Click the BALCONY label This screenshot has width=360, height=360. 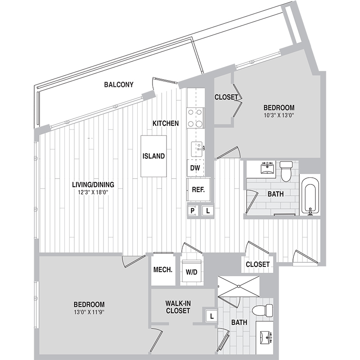[119, 85]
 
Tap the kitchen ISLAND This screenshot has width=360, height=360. [153, 156]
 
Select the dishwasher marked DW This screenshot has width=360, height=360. [195, 168]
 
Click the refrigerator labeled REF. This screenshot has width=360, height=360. [198, 189]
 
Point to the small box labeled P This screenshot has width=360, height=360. [192, 211]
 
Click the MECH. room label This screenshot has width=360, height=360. [163, 270]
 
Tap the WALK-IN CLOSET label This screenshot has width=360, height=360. [178, 307]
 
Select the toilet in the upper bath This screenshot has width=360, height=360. [286, 171]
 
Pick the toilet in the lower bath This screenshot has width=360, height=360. [263, 310]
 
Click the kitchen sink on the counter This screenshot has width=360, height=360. [197, 149]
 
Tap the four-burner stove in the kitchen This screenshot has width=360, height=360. [195, 118]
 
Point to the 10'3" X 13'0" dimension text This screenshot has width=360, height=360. [279, 115]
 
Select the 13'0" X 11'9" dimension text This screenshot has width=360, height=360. [89, 312]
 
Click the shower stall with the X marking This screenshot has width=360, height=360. [239, 287]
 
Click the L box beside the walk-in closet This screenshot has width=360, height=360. [211, 316]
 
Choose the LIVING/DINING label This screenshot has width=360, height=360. [93, 184]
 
